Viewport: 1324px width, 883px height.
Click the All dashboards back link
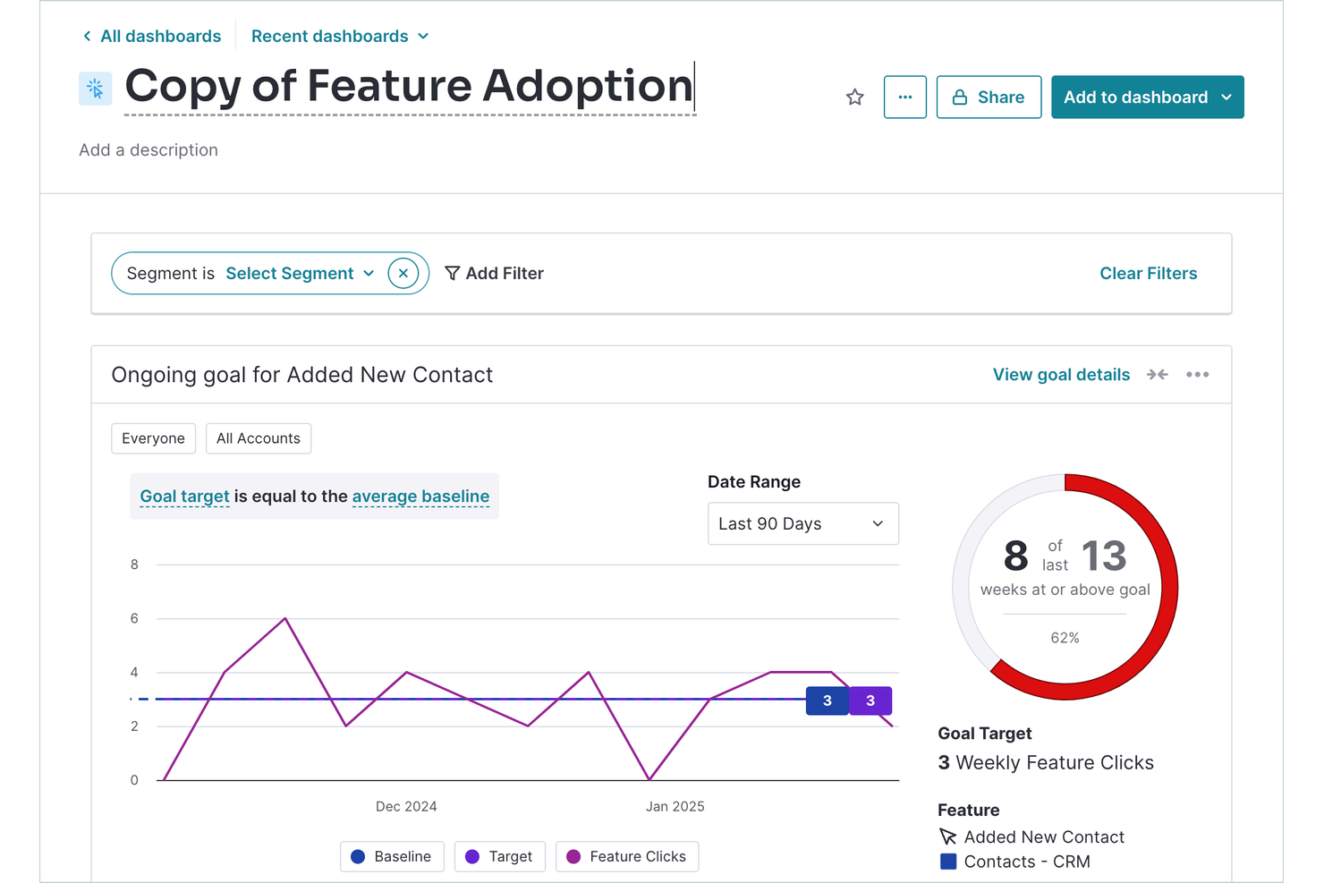point(152,37)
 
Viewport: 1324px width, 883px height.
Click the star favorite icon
point(854,98)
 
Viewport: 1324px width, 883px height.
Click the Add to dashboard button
point(1146,98)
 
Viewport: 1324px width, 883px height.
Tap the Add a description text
point(149,150)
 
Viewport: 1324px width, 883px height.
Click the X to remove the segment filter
point(403,274)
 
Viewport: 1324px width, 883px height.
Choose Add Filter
point(495,274)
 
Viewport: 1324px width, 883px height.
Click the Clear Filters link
point(1148,274)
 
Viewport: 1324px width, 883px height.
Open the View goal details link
point(1061,375)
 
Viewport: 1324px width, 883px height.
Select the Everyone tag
point(153,438)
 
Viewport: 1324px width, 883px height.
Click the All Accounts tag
point(259,438)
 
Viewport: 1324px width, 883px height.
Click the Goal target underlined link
point(184,497)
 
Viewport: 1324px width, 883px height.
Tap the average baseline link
point(420,497)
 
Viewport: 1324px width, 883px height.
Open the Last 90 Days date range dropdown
point(802,524)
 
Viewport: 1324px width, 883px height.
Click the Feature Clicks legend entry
point(626,857)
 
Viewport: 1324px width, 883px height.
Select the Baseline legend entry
point(392,857)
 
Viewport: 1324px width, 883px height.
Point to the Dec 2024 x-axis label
point(406,807)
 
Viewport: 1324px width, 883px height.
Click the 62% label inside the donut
point(1065,638)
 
